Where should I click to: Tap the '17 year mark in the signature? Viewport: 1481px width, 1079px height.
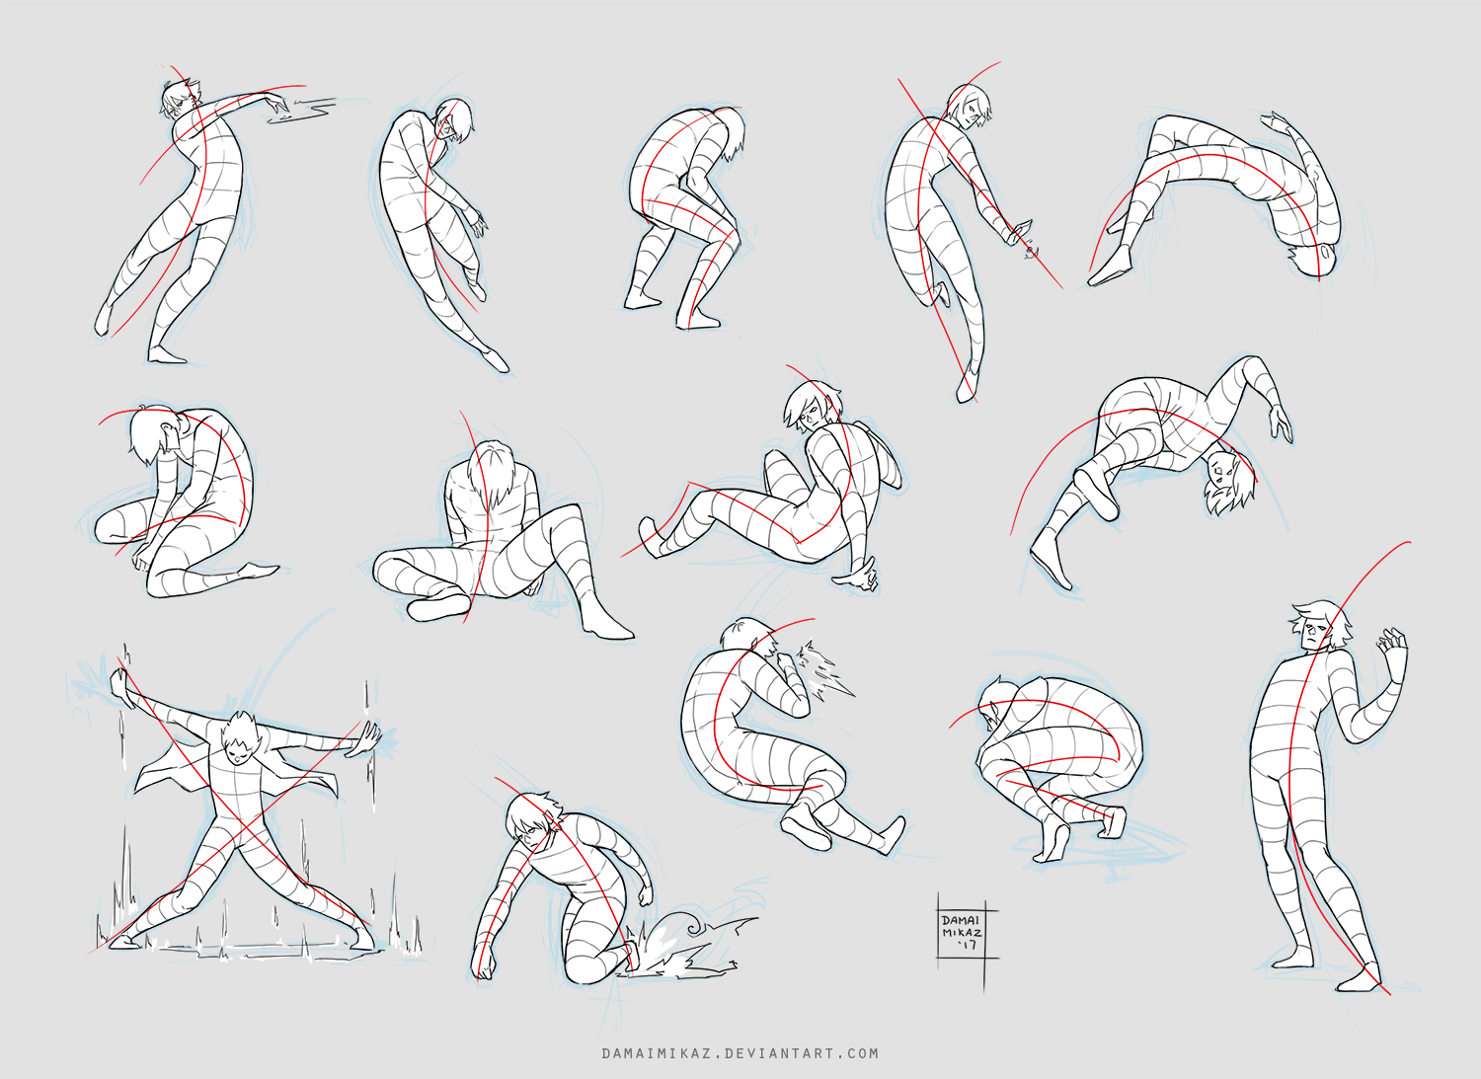pos(969,947)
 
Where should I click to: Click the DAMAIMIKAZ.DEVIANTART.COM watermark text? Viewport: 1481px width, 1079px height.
pos(740,1054)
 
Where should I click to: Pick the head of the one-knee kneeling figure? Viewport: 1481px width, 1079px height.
pos(533,819)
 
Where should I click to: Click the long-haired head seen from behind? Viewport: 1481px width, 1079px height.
pos(491,472)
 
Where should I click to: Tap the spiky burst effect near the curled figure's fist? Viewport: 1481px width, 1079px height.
pos(823,673)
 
